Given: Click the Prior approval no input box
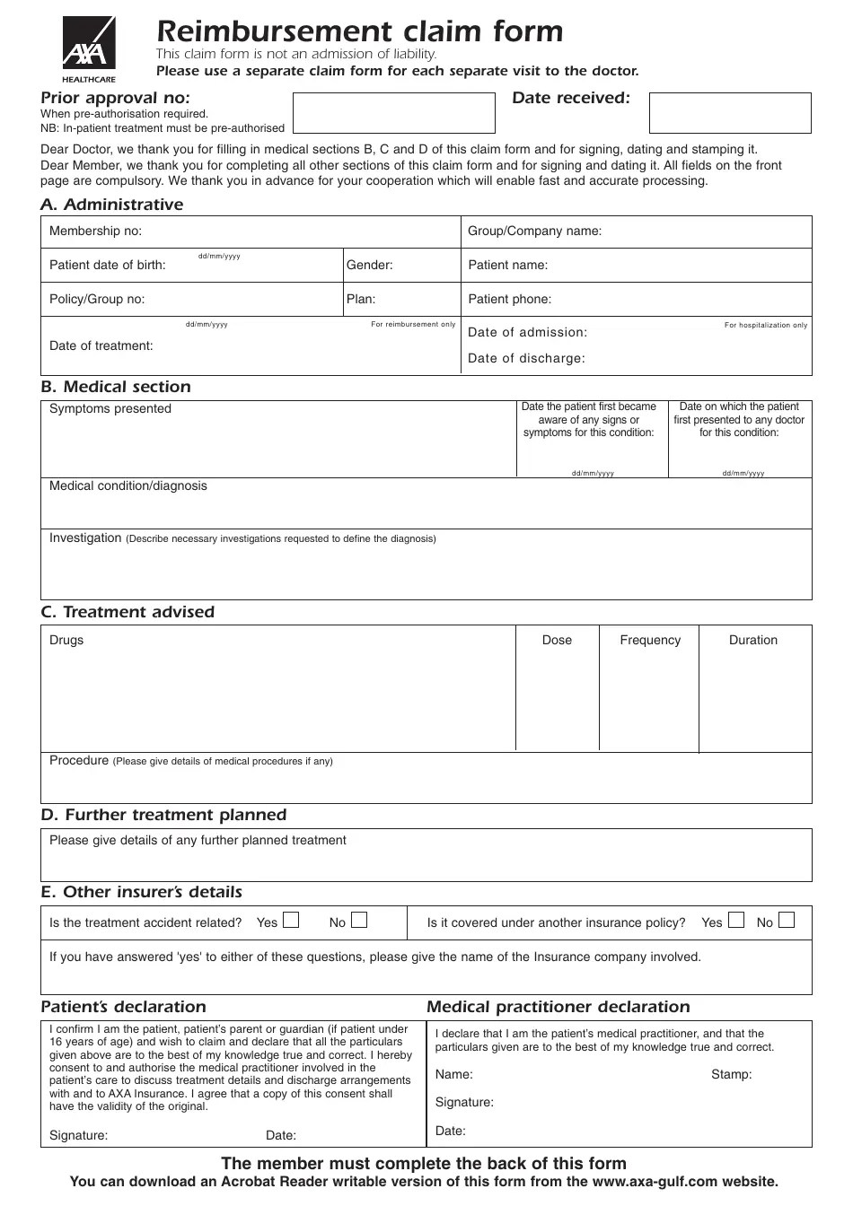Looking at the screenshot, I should [x=393, y=113].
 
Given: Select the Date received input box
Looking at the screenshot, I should [x=729, y=113].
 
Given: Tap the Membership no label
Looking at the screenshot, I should [x=95, y=232].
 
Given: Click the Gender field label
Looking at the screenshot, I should [x=369, y=266].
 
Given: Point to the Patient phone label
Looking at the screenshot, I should [x=509, y=300].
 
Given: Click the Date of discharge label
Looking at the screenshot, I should [x=526, y=359].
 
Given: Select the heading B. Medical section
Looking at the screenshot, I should [x=116, y=387].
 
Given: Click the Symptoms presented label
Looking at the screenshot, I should [x=110, y=409].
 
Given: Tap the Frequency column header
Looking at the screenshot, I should [x=650, y=641].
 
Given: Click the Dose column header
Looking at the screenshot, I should [x=557, y=641].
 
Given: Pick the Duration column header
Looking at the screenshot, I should [x=752, y=641].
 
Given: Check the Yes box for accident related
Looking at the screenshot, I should [x=291, y=920].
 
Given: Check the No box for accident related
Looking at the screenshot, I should [x=359, y=920].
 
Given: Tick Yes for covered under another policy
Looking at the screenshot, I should [x=736, y=920].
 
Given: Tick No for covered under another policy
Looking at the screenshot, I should [x=787, y=920].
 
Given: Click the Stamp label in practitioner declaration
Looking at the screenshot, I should [x=731, y=1075].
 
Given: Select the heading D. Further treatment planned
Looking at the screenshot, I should [x=163, y=815].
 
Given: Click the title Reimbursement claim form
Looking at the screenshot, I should [x=359, y=32].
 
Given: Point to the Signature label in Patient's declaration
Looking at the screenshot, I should [x=78, y=1136].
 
